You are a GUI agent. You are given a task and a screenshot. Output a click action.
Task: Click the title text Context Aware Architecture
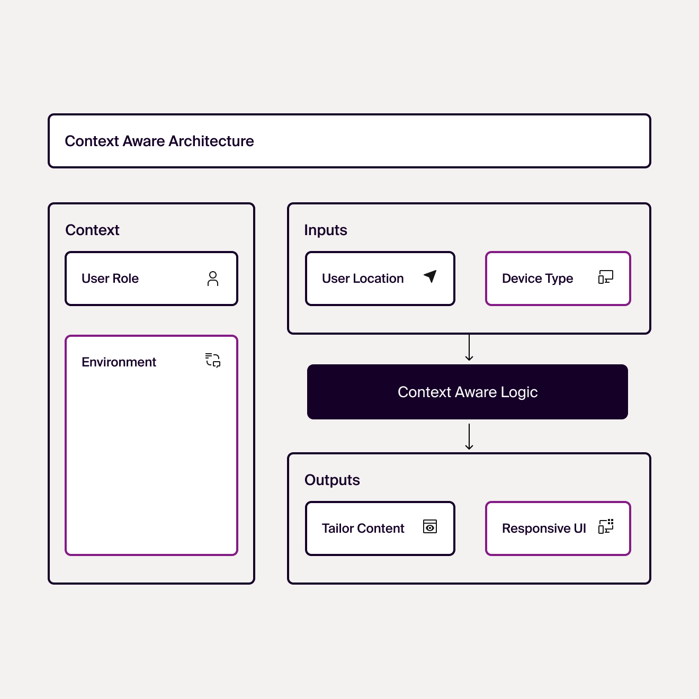[x=159, y=141]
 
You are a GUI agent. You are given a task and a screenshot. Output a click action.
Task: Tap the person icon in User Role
[x=213, y=279]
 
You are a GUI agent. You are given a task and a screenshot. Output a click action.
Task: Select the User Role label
[x=110, y=278]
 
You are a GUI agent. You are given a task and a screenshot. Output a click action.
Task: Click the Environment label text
[x=119, y=362]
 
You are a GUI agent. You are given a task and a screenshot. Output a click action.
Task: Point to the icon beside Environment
[x=213, y=360]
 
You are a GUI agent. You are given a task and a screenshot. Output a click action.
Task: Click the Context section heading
[x=92, y=230]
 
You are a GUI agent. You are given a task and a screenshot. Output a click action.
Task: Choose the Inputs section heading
[x=325, y=230]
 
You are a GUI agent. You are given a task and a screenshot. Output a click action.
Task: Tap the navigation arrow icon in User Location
[x=430, y=276]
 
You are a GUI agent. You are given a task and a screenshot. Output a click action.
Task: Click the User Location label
[x=363, y=278]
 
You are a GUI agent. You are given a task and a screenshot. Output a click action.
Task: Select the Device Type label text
[x=537, y=279]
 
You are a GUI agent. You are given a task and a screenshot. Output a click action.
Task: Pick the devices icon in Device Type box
[x=606, y=277]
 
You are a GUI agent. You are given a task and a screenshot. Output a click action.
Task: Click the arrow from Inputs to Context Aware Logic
[x=469, y=347]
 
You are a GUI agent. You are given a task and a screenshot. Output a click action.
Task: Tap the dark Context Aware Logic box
[x=468, y=392]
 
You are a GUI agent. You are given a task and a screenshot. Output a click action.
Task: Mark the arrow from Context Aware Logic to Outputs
[x=469, y=437]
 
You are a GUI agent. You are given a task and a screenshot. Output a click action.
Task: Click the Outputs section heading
[x=332, y=480]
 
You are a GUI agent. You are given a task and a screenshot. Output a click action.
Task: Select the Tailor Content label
[x=363, y=528]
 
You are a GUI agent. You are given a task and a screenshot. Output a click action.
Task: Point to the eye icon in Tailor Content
[x=430, y=527]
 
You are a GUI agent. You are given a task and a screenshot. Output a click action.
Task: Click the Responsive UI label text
[x=544, y=528]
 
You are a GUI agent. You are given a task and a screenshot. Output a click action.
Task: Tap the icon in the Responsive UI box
[x=606, y=526]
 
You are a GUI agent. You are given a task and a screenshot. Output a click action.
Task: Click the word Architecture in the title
[x=211, y=141]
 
